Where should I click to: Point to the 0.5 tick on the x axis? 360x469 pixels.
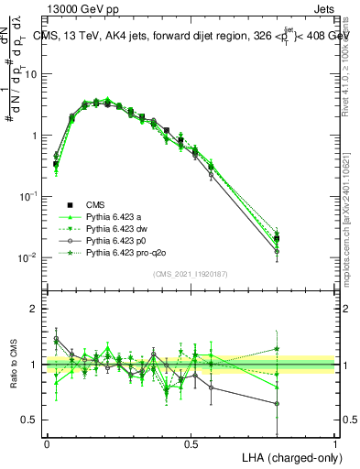tap(191, 443)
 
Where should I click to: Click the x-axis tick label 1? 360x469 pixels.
tap(336, 443)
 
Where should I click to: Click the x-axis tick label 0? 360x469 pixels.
tap(47, 443)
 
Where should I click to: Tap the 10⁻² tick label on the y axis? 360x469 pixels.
tap(27, 257)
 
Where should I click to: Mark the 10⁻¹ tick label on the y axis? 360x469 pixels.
tap(27, 196)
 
